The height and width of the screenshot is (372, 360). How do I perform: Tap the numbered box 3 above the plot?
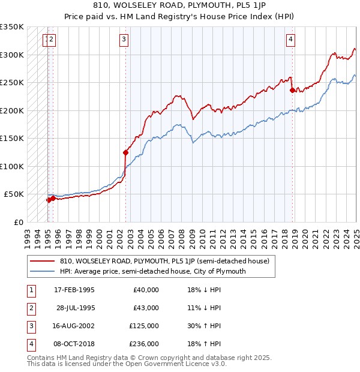pos(123,40)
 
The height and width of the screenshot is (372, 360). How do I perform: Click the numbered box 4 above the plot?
pos(290,40)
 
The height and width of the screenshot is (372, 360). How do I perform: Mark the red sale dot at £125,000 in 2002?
pos(126,152)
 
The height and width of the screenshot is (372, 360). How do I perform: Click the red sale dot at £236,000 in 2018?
pos(292,91)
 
